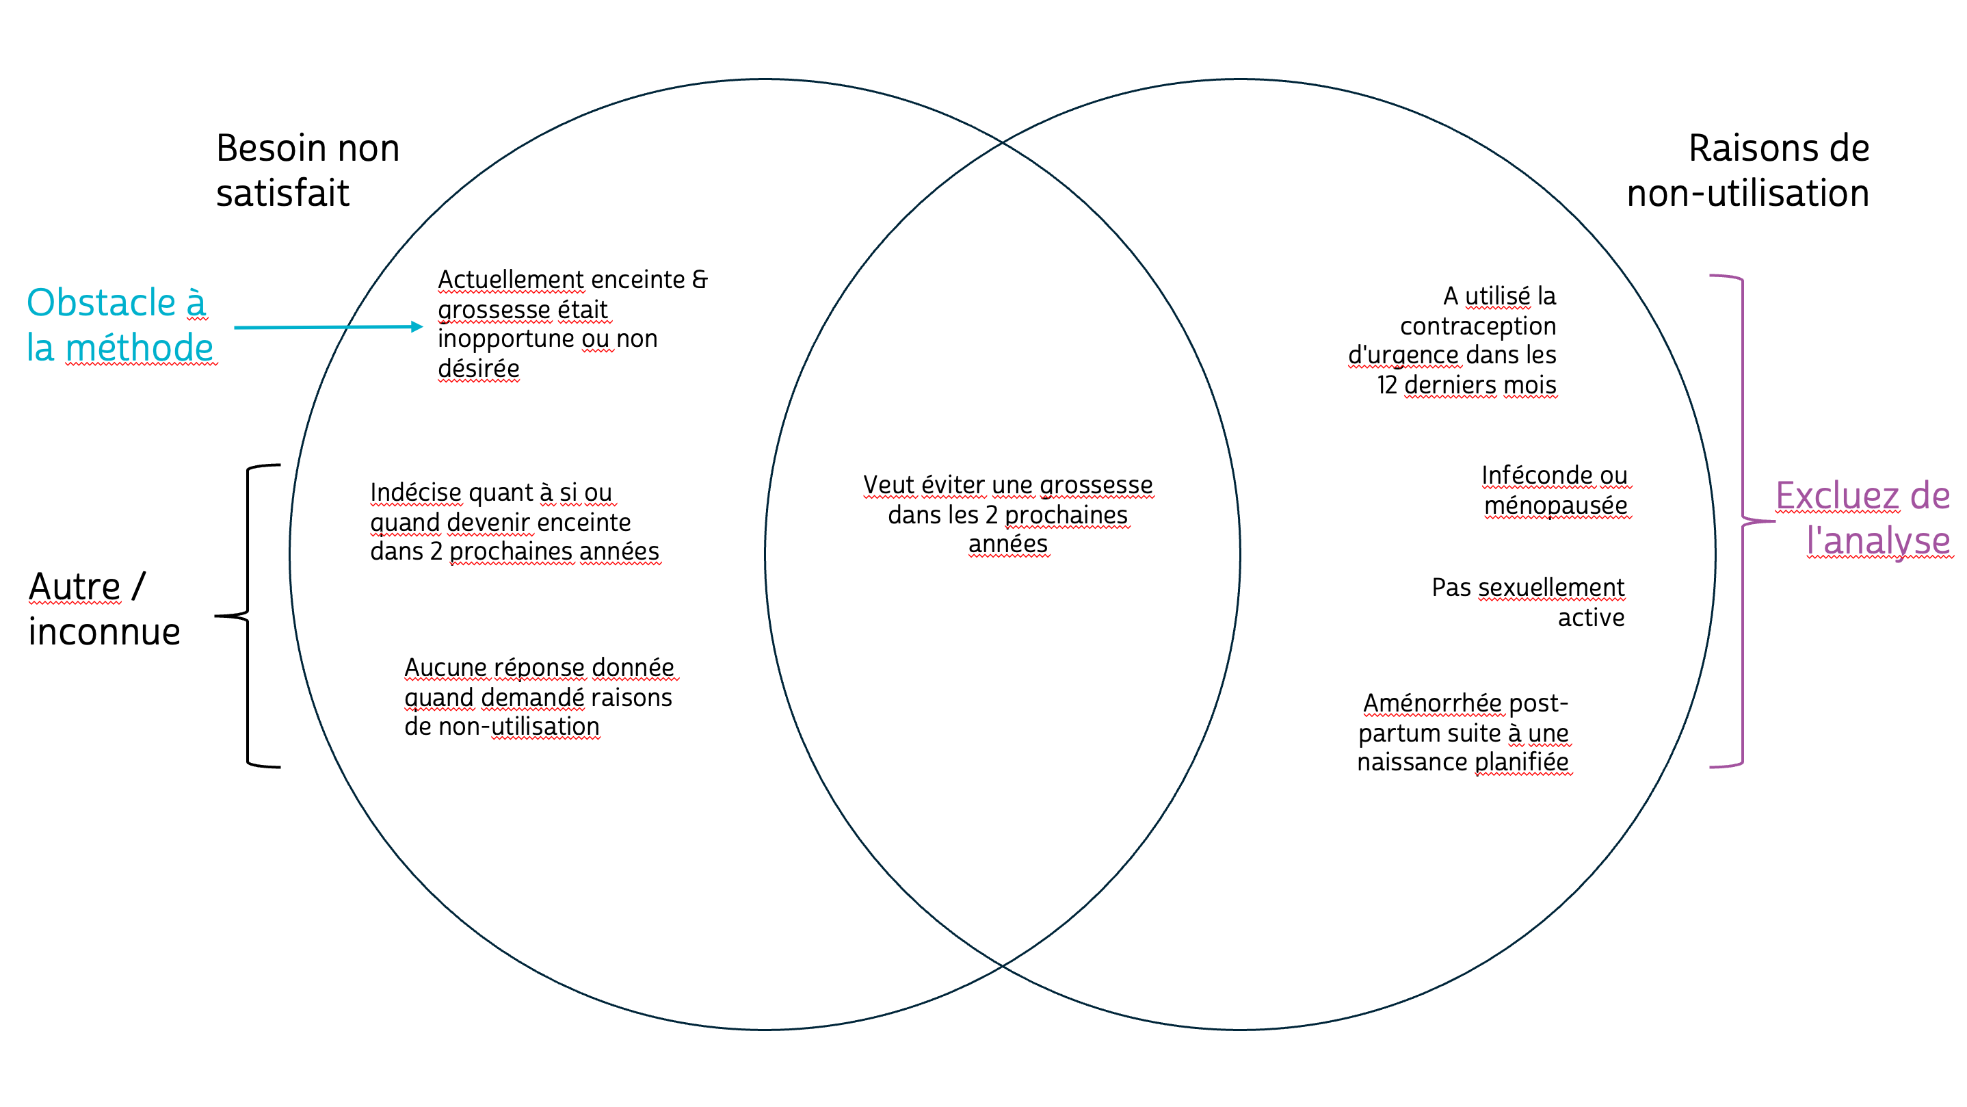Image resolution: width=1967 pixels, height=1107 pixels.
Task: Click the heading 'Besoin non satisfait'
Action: (307, 170)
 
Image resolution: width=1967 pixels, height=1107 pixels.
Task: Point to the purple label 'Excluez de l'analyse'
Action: (1863, 518)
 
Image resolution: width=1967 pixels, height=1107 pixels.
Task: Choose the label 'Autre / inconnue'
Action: (104, 609)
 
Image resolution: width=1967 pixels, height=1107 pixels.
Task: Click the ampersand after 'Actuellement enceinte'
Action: (700, 279)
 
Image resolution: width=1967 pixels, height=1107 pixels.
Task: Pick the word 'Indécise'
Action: (415, 492)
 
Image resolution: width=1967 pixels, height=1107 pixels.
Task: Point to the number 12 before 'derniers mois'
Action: (1386, 385)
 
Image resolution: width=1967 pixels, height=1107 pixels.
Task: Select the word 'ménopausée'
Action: (1555, 505)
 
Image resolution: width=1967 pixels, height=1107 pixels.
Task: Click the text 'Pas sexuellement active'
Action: (1527, 601)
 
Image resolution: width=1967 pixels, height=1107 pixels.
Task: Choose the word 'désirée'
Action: (478, 368)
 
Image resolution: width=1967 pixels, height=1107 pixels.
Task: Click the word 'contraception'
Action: (1477, 326)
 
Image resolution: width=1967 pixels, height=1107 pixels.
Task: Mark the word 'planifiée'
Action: (1521, 761)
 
